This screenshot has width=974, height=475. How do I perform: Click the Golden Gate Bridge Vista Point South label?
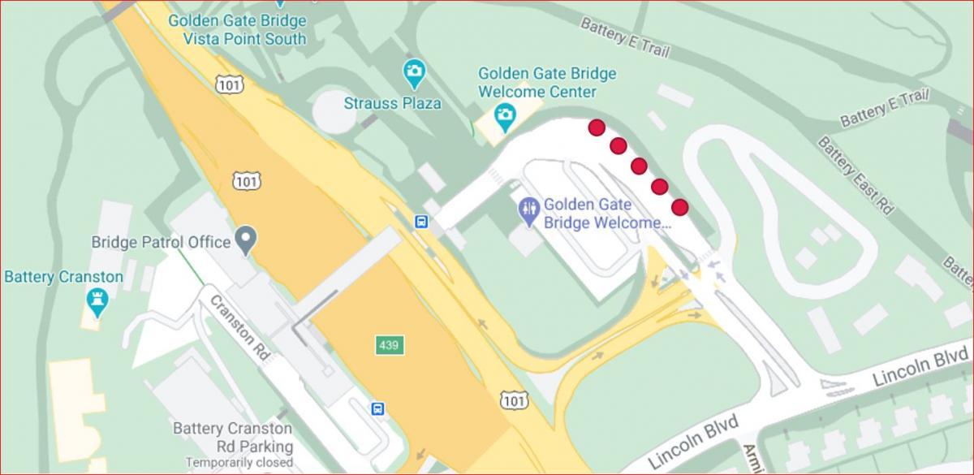pos(237,29)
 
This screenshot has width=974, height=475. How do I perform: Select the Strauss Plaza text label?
pos(393,103)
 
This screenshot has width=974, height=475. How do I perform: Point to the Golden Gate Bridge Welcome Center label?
pos(547,83)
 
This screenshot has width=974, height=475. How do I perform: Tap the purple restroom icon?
pos(528,209)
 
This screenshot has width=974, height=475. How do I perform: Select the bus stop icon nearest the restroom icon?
pos(421,222)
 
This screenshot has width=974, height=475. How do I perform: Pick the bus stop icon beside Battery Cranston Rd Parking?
pos(378,408)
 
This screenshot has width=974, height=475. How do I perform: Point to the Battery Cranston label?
pos(64,277)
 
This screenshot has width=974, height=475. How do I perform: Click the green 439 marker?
pos(389,346)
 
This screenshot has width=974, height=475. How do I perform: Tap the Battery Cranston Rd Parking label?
pos(232,437)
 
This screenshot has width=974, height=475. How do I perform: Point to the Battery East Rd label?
pos(854,176)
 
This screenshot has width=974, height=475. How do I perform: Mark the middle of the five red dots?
pos(638,166)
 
